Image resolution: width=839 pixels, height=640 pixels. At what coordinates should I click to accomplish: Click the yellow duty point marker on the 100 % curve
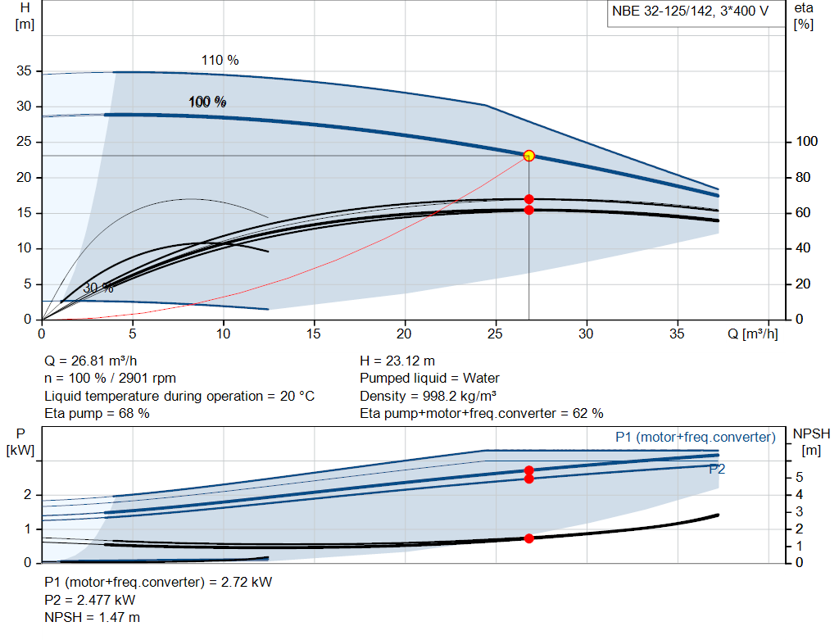[528, 156]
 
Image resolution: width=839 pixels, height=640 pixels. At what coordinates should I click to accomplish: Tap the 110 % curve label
[220, 60]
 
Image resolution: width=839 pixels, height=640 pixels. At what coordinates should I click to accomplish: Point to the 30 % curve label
[98, 288]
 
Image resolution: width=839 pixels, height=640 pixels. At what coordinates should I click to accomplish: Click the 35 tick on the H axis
[24, 71]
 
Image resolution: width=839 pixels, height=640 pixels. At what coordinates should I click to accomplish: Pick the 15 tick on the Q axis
[314, 334]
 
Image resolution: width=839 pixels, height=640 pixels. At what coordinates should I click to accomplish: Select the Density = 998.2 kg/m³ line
[429, 395]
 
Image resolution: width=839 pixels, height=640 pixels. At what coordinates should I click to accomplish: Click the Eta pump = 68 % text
[97, 413]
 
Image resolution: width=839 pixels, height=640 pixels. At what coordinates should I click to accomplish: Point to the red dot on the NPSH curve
[528, 538]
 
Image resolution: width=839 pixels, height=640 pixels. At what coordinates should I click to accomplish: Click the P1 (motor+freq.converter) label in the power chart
[695, 438]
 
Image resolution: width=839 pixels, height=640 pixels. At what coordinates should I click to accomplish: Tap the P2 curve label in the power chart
[717, 469]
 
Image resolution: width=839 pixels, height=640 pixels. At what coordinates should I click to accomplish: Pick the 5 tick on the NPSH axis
[798, 478]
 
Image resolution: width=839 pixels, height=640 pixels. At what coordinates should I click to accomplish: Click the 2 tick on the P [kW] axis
[27, 495]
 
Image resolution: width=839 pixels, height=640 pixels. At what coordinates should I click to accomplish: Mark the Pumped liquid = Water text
[429, 378]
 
